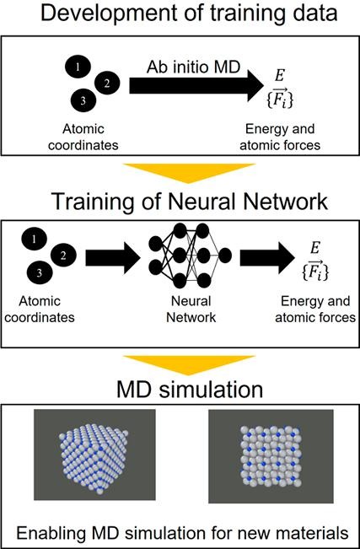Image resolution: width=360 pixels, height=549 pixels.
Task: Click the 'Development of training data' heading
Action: pyautogui.click(x=189, y=13)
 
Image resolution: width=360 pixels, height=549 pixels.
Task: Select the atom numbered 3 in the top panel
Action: pyautogui.click(x=83, y=101)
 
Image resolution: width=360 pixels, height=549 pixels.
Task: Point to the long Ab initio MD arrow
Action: pyautogui.click(x=196, y=85)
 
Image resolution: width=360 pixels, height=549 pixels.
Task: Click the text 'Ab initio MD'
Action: pyautogui.click(x=193, y=67)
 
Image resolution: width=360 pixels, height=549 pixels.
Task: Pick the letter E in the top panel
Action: pyautogui.click(x=279, y=77)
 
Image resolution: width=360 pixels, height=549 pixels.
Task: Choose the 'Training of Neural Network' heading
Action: pyautogui.click(x=190, y=202)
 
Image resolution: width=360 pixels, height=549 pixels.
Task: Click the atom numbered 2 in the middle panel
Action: pyautogui.click(x=63, y=256)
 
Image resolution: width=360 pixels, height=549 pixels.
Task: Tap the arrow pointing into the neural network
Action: pyautogui.click(x=113, y=259)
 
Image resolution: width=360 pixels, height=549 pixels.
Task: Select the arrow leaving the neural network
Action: pyautogui.click(x=267, y=258)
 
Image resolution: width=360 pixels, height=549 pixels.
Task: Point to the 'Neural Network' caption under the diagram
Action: pyautogui.click(x=191, y=309)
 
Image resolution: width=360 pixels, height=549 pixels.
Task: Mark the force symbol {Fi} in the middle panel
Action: pyautogui.click(x=315, y=272)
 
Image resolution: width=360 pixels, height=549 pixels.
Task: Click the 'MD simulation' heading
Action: pyautogui.click(x=190, y=390)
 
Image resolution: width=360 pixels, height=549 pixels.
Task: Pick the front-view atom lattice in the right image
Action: pyautogui.click(x=271, y=456)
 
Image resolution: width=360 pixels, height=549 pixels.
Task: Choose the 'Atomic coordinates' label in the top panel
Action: pyautogui.click(x=83, y=137)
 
